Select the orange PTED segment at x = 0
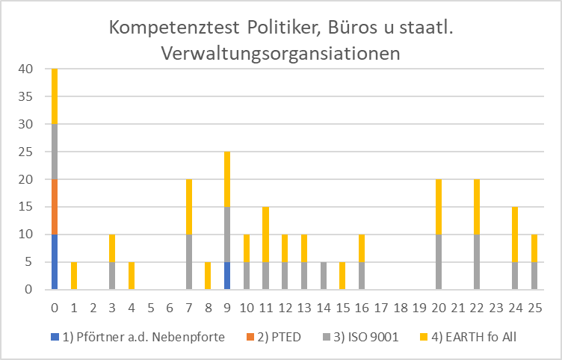[55, 207]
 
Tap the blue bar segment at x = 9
[228, 276]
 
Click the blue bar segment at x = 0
[55, 261]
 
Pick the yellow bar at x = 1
[74, 276]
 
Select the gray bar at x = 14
[324, 276]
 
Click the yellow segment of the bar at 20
[439, 207]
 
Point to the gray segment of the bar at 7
[190, 261]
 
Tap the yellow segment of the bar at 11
[267, 235]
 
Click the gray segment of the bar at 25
[535, 276]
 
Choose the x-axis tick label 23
[497, 307]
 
